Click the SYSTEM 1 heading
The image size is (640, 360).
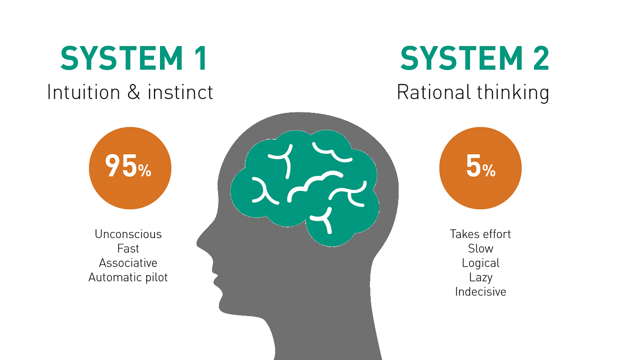[x=133, y=58]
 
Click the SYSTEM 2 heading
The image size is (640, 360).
[x=475, y=58]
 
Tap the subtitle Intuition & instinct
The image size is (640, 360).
[x=130, y=92]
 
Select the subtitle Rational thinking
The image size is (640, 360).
[x=473, y=93]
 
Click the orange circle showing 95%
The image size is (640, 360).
[x=130, y=168]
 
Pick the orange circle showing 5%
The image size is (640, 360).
[x=480, y=168]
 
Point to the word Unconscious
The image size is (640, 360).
[x=128, y=234]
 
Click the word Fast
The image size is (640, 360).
[x=128, y=249]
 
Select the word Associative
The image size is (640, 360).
[x=128, y=263]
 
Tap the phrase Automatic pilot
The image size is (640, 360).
[x=128, y=277]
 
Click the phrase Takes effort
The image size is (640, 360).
[x=480, y=234]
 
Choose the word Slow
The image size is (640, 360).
[x=480, y=249]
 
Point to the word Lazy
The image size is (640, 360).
[x=480, y=278]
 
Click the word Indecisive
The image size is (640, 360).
[x=480, y=292]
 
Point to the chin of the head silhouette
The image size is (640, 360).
[x=226, y=310]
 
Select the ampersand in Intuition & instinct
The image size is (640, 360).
[x=133, y=92]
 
